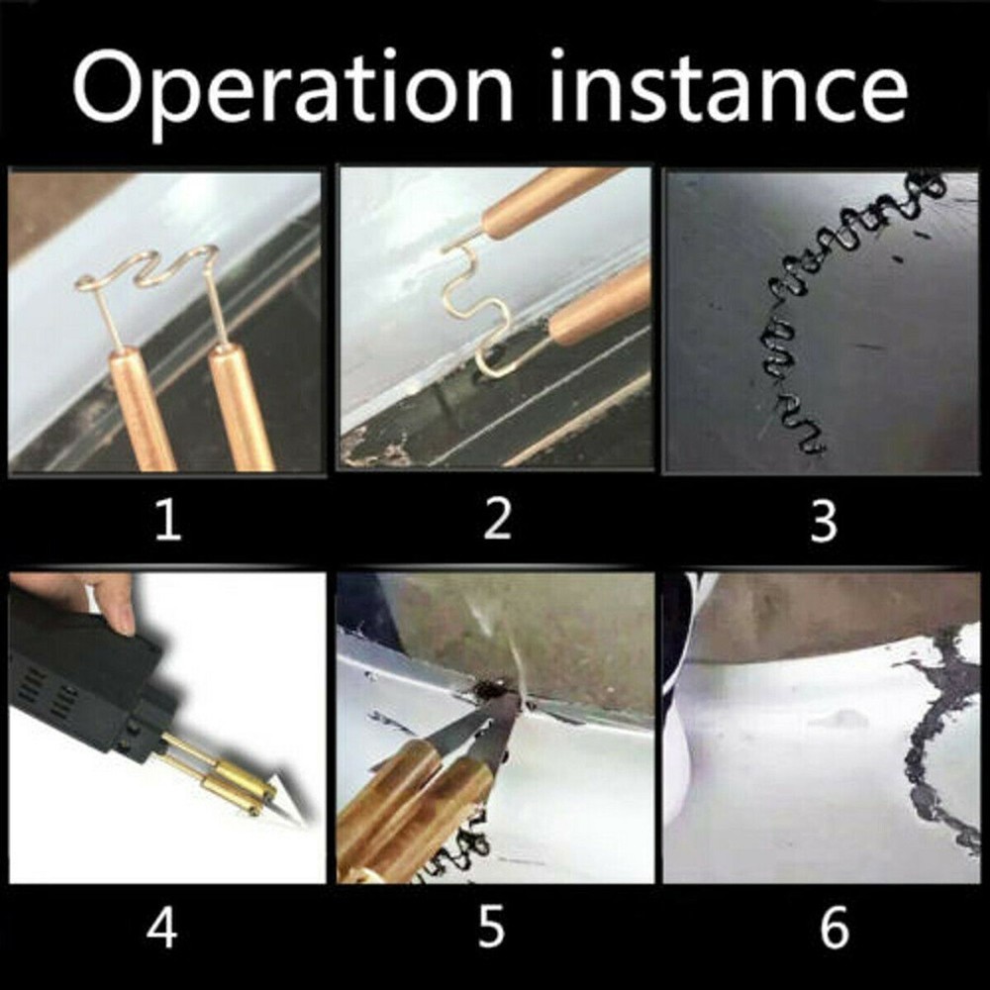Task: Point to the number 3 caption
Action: [x=824, y=521]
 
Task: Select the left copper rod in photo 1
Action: [x=139, y=406]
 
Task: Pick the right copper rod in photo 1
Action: [x=242, y=406]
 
